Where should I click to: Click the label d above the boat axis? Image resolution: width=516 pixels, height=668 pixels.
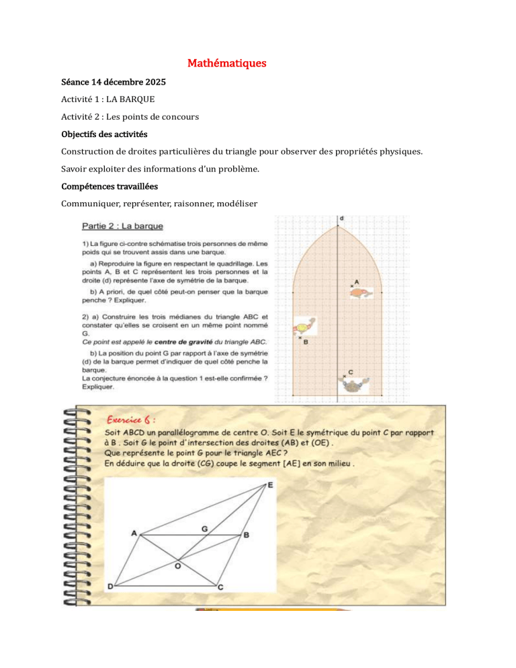342,218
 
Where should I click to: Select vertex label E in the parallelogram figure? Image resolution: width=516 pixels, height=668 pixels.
270,485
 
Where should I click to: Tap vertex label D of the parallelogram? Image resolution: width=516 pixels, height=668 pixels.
110,586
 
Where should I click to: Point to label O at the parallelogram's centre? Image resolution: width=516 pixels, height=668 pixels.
177,567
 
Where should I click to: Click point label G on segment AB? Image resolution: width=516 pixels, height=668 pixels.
204,529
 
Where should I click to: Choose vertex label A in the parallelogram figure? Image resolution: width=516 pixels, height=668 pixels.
134,533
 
